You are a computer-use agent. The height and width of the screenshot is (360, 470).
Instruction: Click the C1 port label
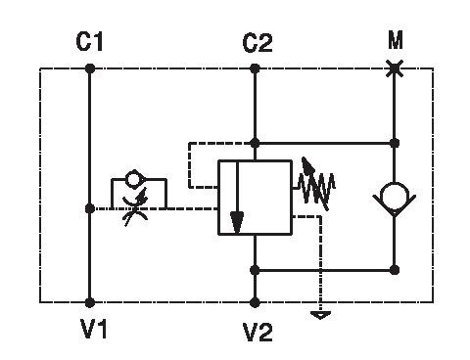(x=89, y=41)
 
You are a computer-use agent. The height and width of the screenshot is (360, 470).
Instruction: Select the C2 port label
(x=258, y=43)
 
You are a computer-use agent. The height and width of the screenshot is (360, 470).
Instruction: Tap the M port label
(x=396, y=40)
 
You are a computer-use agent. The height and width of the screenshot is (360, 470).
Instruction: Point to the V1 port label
(x=94, y=329)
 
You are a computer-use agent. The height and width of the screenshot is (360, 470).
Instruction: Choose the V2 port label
(x=258, y=333)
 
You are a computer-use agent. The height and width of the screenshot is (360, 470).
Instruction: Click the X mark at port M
(x=395, y=68)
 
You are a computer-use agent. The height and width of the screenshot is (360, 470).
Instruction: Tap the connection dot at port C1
(x=90, y=68)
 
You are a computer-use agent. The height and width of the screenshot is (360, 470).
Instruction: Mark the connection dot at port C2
(x=255, y=68)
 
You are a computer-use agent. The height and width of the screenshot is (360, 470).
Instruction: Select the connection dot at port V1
(x=90, y=302)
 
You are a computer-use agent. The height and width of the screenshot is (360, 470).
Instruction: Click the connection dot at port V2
(x=255, y=302)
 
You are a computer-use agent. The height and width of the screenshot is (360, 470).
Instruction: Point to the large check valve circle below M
(x=395, y=197)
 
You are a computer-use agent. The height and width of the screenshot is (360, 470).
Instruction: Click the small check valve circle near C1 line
(x=134, y=179)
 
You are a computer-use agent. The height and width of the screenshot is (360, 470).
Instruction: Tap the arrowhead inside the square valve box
(x=237, y=223)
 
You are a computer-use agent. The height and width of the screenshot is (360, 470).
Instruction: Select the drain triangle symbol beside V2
(x=321, y=315)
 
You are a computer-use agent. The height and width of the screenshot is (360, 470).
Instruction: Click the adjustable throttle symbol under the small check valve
(x=135, y=207)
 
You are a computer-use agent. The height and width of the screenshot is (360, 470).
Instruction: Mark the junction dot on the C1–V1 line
(x=90, y=208)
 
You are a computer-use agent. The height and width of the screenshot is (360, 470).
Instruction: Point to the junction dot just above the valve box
(x=255, y=143)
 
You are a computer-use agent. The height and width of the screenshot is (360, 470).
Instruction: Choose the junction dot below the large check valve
(x=395, y=270)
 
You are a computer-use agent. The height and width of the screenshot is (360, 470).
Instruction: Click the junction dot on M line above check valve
(x=395, y=143)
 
